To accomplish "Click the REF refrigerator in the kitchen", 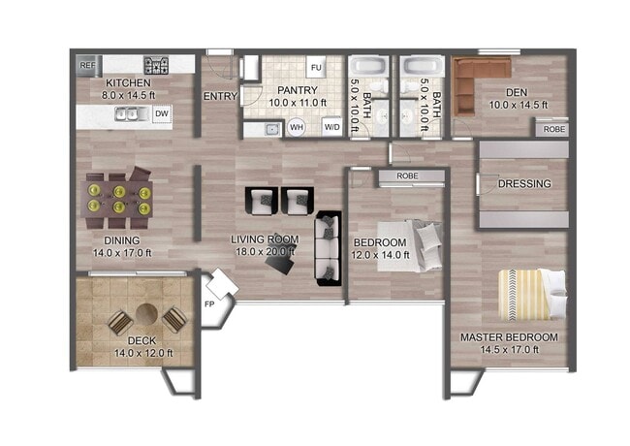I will click(87, 65).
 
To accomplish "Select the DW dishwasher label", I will click(162, 114).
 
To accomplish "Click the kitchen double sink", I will click(129, 114).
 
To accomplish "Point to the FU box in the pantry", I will click(316, 68).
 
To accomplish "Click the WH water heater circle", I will click(297, 127).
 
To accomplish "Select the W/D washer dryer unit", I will click(331, 127).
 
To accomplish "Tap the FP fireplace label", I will click(208, 304).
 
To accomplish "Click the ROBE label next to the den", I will click(554, 129).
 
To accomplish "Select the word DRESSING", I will click(524, 183).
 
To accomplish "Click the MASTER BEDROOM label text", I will click(509, 337).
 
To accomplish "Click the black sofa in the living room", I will click(327, 246).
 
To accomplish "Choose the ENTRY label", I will click(220, 97).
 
